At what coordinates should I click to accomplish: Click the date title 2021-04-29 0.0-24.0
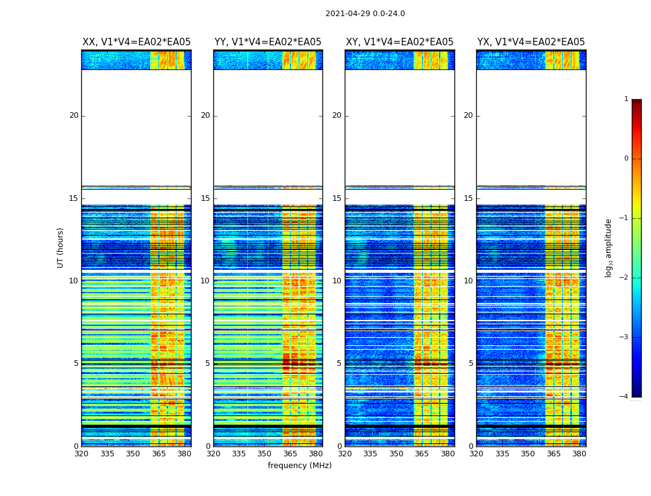[365, 14]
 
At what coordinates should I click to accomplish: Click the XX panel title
[136, 42]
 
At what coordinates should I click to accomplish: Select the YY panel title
[268, 42]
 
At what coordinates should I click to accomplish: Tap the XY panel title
[400, 42]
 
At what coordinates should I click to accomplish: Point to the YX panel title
[531, 42]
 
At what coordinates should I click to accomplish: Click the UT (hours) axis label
[60, 247]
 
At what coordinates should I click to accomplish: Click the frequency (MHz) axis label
[299, 466]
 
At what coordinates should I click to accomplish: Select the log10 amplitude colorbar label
[609, 247]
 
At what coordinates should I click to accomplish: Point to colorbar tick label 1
[626, 99]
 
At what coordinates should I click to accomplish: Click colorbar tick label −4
[625, 397]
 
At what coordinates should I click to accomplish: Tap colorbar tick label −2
[625, 278]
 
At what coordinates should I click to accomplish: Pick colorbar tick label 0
[626, 159]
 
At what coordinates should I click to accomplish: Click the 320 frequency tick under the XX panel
[81, 453]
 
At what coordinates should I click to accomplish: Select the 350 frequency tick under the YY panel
[265, 453]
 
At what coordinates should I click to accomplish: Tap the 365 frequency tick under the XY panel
[422, 453]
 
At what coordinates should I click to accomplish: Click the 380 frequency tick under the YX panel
[580, 453]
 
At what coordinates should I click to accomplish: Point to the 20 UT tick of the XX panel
[74, 115]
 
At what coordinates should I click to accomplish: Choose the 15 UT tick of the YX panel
[469, 198]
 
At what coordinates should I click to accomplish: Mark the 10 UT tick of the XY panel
[337, 281]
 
